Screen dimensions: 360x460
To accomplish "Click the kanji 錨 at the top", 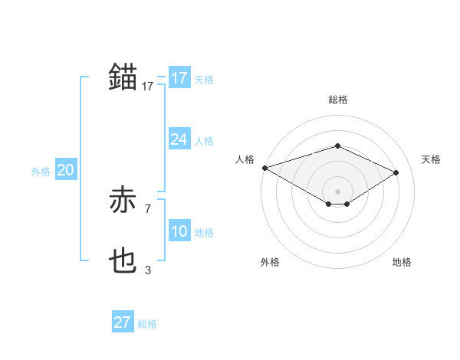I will tap(123, 77).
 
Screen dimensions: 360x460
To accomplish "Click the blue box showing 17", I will tap(179, 78).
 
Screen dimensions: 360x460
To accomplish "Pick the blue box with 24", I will tap(179, 139).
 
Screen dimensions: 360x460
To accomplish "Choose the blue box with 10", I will tap(179, 231).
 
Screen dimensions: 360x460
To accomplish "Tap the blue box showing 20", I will tap(65, 170).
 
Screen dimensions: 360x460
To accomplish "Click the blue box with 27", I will tap(122, 322).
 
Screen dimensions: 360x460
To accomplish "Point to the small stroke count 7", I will tap(148, 208).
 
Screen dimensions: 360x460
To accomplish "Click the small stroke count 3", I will tap(148, 270).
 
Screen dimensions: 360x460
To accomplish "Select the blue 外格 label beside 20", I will tap(41, 172).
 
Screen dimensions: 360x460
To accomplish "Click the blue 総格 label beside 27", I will tap(147, 324).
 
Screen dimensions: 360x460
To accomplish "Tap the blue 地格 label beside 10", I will tap(204, 233).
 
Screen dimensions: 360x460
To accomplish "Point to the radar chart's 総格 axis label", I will tap(337, 100).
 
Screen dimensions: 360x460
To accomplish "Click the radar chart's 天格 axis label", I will tap(432, 159).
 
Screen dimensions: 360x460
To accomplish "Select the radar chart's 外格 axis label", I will tap(270, 262).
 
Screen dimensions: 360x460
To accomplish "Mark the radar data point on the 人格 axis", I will tap(264, 168).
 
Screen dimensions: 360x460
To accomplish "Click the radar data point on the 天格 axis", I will tap(396, 172).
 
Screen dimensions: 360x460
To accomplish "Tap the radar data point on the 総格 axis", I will tap(337, 146).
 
